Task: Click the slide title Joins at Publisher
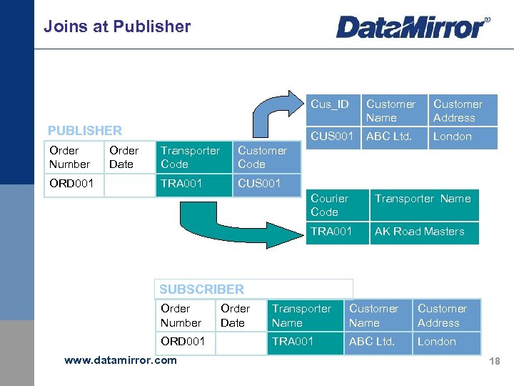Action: [x=117, y=26]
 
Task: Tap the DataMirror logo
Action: [x=413, y=27]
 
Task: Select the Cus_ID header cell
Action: [x=331, y=104]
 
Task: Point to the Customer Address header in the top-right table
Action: [x=462, y=111]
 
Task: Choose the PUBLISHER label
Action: [x=84, y=130]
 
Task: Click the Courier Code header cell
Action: [x=336, y=205]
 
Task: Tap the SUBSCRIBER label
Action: [x=201, y=289]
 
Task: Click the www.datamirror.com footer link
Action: [x=120, y=360]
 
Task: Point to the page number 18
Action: [x=494, y=362]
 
